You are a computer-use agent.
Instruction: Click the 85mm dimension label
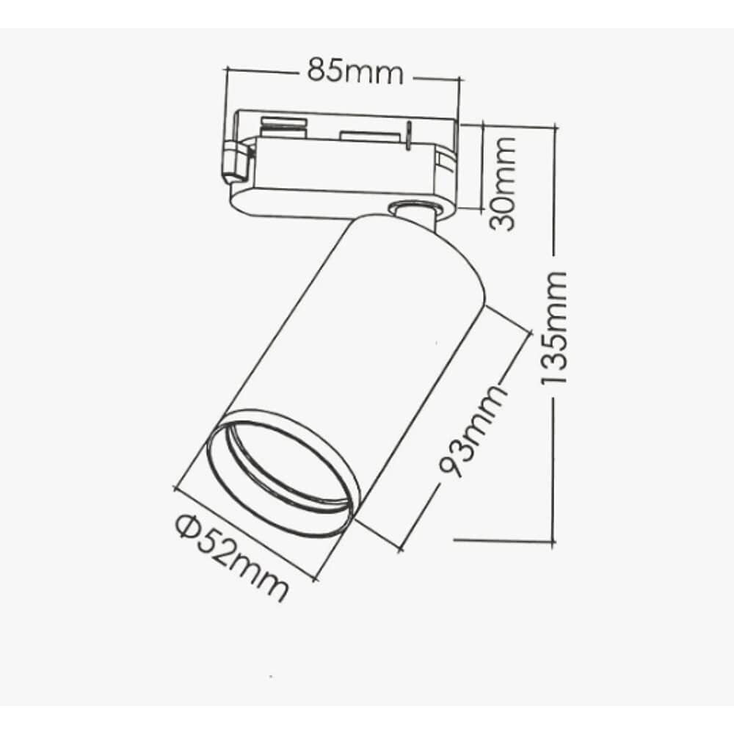(355, 72)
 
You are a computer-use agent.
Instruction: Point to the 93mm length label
(472, 429)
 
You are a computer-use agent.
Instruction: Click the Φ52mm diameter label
(231, 557)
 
